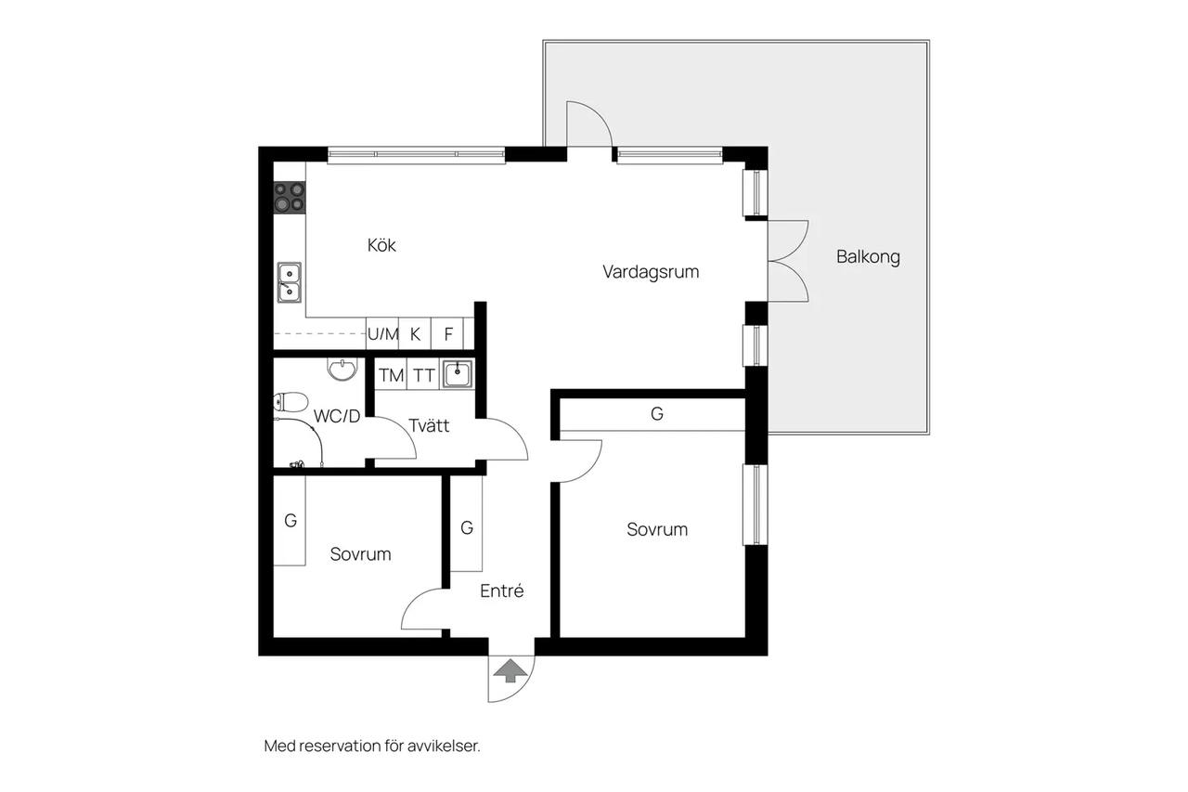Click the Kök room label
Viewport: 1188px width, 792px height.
(x=381, y=245)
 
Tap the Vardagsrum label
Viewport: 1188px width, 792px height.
(x=651, y=272)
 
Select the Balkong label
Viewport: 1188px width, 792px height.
(x=868, y=257)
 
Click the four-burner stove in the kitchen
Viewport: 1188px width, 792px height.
(x=290, y=197)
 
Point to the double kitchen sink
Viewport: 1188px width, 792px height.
(x=289, y=283)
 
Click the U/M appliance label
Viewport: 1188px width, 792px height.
(x=382, y=334)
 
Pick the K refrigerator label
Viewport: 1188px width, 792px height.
(x=415, y=334)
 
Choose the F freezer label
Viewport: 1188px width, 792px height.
(x=448, y=334)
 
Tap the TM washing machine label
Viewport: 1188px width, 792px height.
(x=392, y=376)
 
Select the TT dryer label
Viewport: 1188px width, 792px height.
(x=424, y=376)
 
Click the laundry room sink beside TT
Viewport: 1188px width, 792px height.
(x=458, y=374)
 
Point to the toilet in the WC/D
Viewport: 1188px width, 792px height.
(x=291, y=402)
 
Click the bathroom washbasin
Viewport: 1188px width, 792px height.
(x=342, y=370)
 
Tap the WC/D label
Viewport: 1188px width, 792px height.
(x=337, y=416)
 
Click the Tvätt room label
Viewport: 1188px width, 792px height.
(x=429, y=425)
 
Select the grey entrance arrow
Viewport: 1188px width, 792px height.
(x=510, y=670)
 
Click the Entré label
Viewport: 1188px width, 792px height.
(x=502, y=591)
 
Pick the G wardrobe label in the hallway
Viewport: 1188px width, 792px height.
(x=467, y=527)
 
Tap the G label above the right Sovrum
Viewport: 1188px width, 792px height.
(x=656, y=414)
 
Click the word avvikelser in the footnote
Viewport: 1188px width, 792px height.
(x=444, y=746)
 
